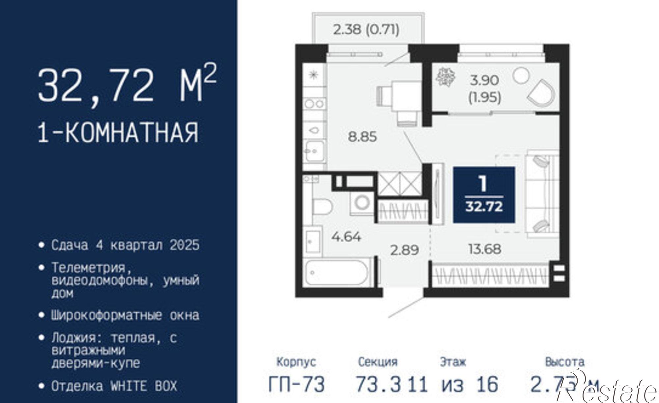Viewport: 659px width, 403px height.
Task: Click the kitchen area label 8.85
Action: pyautogui.click(x=362, y=136)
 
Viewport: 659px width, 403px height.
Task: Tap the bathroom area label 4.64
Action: pyautogui.click(x=346, y=237)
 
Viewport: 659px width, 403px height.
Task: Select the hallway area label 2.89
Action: pyautogui.click(x=404, y=250)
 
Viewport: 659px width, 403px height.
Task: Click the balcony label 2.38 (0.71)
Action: pyautogui.click(x=366, y=30)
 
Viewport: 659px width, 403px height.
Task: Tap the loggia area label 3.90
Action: pyautogui.click(x=485, y=80)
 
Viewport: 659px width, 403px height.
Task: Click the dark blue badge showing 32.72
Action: pyautogui.click(x=484, y=194)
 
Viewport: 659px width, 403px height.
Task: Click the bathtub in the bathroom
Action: pyautogui.click(x=336, y=273)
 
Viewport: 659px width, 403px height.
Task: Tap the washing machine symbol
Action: pyautogui.click(x=362, y=202)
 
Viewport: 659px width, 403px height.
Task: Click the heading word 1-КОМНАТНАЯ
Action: pyautogui.click(x=119, y=132)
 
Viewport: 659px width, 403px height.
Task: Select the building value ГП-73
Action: pyautogui.click(x=297, y=384)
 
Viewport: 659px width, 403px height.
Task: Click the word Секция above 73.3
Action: pyautogui.click(x=378, y=362)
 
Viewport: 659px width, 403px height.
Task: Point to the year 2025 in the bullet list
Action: pyautogui.click(x=185, y=245)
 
